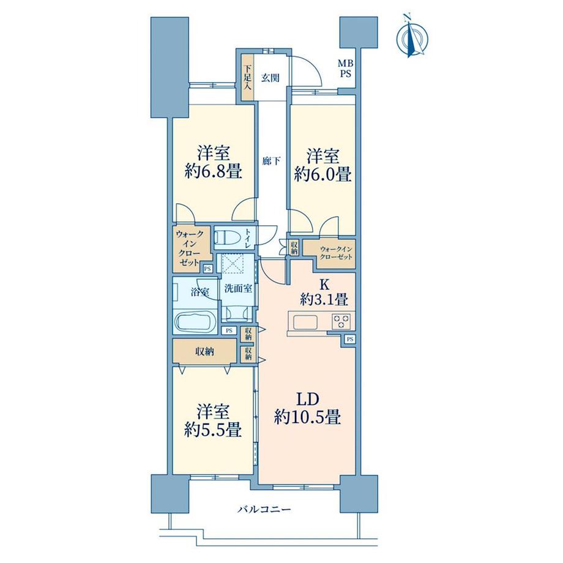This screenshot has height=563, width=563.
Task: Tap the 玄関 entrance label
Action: click(270, 78)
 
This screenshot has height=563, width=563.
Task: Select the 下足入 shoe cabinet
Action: click(247, 78)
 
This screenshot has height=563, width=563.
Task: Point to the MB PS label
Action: click(345, 69)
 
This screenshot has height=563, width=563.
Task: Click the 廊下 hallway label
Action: click(270, 161)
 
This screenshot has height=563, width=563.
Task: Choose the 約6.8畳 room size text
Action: click(213, 172)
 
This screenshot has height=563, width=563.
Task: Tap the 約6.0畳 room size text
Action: click(323, 174)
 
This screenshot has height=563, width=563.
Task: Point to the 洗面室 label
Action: click(238, 288)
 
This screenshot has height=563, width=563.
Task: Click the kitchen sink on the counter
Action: click(305, 321)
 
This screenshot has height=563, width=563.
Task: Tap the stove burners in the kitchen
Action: click(341, 321)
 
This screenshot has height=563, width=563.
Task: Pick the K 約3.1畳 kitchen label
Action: click(324, 293)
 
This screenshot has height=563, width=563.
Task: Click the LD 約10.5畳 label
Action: click(307, 408)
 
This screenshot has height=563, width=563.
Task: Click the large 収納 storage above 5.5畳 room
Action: click(204, 351)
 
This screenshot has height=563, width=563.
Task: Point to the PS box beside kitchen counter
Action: click(350, 338)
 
